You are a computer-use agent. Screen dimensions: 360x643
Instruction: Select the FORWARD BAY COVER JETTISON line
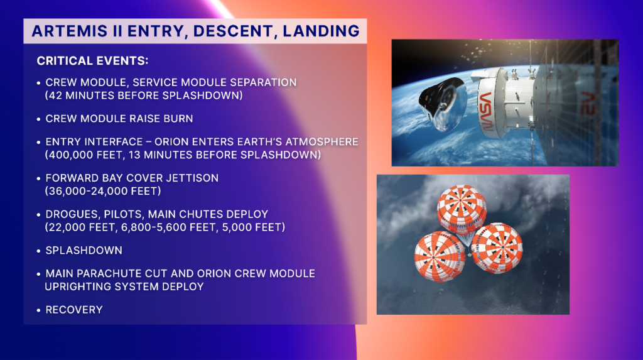click(x=132, y=178)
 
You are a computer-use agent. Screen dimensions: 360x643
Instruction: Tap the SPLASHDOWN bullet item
click(x=84, y=250)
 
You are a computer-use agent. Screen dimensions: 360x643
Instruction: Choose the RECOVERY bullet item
click(x=73, y=310)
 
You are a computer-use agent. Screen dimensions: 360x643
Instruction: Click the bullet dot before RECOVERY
click(x=39, y=310)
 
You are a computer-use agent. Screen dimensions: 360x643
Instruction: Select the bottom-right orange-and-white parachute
click(x=497, y=248)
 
